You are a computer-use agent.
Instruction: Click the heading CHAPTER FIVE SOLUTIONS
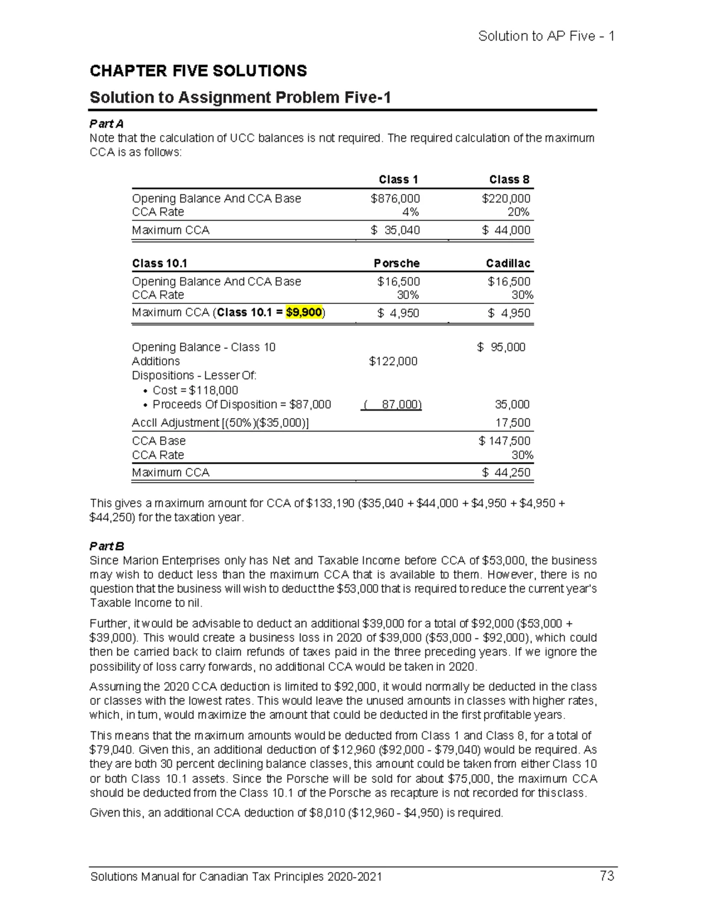click(198, 71)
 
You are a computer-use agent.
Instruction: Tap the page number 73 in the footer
click(607, 876)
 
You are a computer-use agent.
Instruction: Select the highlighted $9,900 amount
click(304, 312)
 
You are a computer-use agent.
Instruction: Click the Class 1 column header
click(398, 179)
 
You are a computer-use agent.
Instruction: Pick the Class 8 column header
click(509, 179)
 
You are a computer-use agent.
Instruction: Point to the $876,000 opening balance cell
click(395, 199)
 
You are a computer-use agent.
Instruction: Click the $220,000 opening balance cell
click(505, 199)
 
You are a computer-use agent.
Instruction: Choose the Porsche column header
click(397, 263)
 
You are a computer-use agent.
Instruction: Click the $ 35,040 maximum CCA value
click(395, 230)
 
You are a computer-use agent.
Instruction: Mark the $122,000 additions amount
click(393, 361)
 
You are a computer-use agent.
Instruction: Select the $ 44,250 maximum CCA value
click(505, 472)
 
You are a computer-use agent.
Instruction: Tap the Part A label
click(106, 123)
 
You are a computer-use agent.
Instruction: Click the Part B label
click(106, 546)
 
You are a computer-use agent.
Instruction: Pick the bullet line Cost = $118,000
click(195, 390)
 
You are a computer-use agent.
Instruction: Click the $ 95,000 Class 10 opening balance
click(501, 347)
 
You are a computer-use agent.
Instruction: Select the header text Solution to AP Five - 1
click(546, 36)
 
